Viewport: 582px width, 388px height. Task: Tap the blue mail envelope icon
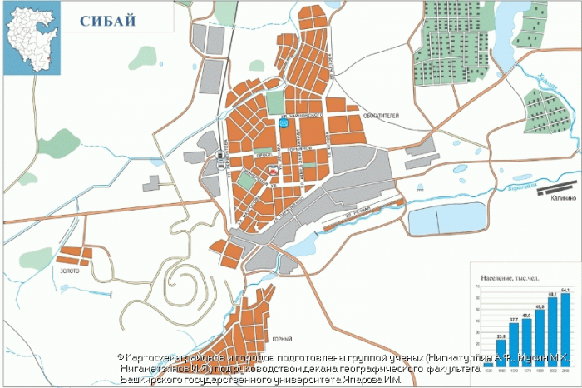[x=284, y=122]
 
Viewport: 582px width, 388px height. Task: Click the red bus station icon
[x=273, y=169]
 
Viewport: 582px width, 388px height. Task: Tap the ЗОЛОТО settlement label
[x=70, y=271]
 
